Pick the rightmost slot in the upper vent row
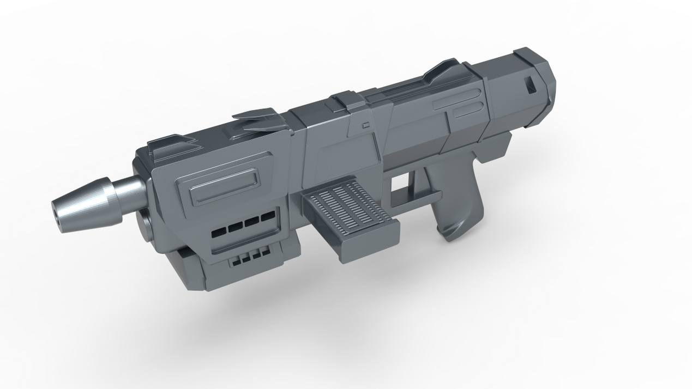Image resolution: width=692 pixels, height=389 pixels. [267, 217]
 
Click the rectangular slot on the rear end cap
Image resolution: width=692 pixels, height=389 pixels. [530, 84]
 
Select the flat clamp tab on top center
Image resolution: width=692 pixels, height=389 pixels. [347, 100]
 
